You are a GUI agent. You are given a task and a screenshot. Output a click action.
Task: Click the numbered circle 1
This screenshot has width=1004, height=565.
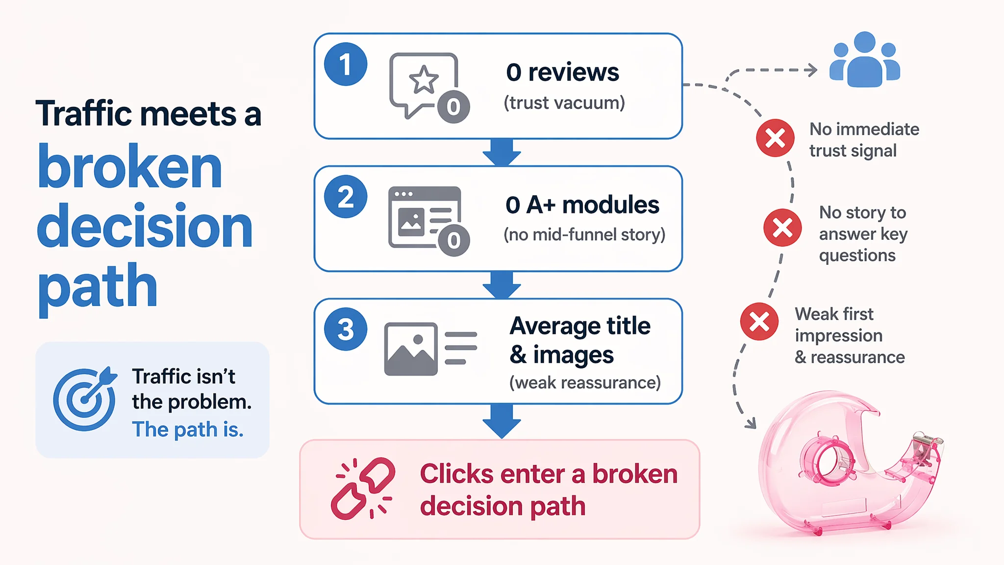346,64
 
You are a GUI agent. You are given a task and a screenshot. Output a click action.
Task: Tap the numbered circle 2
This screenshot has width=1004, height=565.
346,197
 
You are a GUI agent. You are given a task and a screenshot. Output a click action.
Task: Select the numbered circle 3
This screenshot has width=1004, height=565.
346,329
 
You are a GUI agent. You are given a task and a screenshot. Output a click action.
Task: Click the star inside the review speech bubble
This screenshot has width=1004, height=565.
424,79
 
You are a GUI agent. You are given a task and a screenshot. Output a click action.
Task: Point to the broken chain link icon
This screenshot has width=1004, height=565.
363,488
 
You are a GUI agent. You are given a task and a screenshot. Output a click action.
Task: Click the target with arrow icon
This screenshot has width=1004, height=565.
85,399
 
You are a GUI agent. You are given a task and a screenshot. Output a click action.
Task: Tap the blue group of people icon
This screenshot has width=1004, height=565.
865,59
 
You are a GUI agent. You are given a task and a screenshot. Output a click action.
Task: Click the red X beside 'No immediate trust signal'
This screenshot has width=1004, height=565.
775,138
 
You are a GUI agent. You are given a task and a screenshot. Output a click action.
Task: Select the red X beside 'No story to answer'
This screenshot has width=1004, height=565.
782,228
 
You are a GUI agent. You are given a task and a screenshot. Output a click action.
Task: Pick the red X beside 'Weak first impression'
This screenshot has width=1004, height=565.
759,322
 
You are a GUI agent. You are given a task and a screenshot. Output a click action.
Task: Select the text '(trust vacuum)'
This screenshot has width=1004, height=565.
564,103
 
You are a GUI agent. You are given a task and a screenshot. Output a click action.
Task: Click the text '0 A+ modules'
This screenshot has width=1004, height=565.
582,205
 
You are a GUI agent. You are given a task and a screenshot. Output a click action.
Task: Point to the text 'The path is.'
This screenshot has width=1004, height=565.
188,430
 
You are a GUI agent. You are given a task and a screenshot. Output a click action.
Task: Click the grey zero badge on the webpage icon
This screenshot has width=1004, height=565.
453,240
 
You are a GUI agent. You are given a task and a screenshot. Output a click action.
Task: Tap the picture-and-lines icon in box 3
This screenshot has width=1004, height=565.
430,349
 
